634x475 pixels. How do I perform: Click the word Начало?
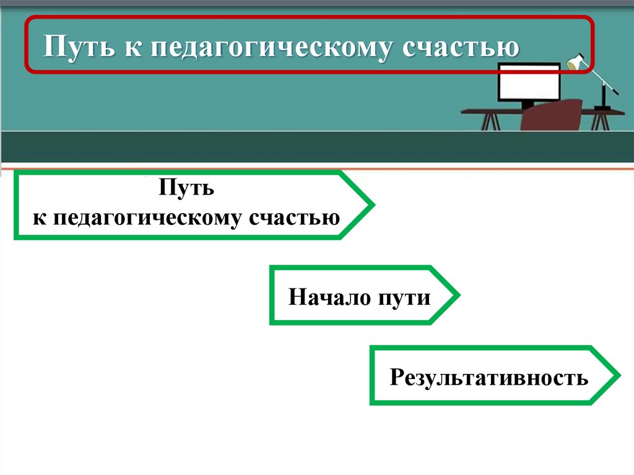click(328, 297)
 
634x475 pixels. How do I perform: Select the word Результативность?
click(489, 377)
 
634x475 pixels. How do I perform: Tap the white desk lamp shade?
click(575, 64)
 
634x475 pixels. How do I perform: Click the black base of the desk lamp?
click(601, 108)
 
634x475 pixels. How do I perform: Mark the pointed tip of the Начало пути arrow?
click(458, 295)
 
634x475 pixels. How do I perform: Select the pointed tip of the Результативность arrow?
click(618, 375)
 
